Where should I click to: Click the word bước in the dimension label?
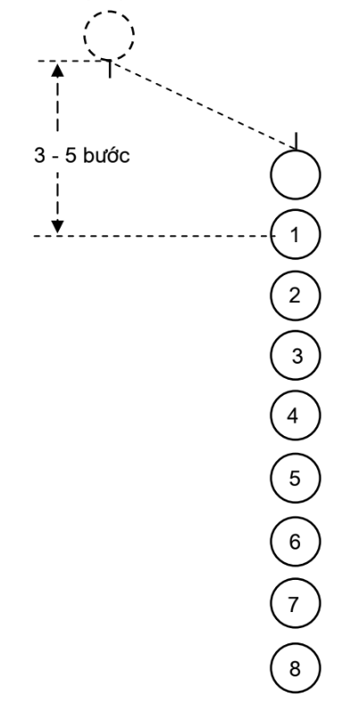pos(106,155)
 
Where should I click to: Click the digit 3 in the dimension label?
pos(39,155)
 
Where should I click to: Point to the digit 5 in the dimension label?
pos(71,155)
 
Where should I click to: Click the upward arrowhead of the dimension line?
pos(57,70)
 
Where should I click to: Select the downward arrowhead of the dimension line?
pos(57,227)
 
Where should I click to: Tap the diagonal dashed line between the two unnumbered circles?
pos(203,105)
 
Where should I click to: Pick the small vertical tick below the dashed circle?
pos(110,69)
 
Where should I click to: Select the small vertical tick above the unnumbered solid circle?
pos(297,140)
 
